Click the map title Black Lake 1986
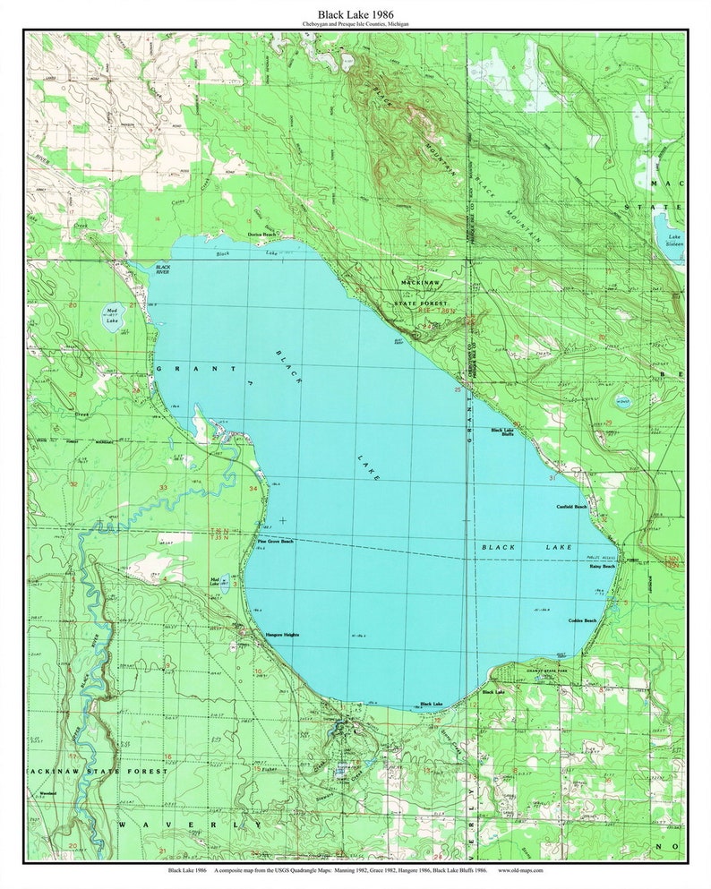pos(355,13)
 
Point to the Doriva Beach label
pos(262,235)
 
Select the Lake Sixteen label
pos(672,240)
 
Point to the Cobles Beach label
pos(582,620)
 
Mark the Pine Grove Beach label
pos(275,542)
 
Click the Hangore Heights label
pos(282,635)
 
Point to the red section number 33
pos(163,487)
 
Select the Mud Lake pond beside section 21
pos(112,317)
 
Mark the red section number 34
pos(253,489)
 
